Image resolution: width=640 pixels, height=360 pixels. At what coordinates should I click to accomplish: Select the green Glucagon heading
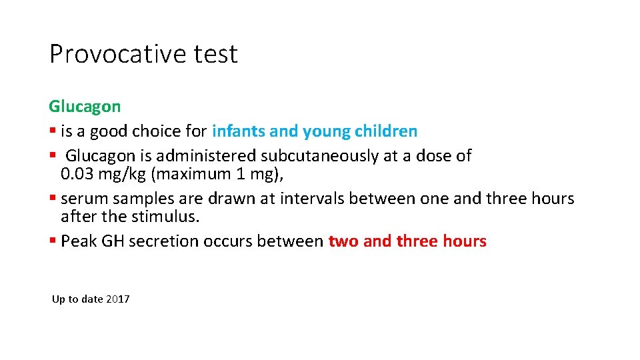[85, 107]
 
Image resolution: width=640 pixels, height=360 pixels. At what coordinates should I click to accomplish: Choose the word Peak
[78, 241]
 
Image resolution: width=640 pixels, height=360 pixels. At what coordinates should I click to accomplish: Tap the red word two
[343, 241]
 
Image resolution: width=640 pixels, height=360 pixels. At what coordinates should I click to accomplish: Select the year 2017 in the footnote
[118, 299]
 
